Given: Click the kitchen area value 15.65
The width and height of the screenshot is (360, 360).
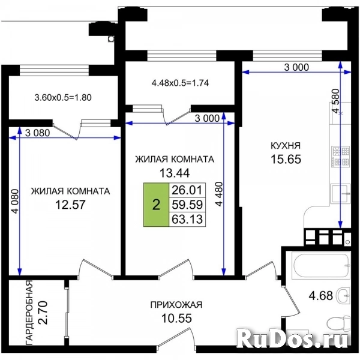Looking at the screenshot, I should (285, 160).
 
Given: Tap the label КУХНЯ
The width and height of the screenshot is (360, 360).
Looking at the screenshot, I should (285, 146).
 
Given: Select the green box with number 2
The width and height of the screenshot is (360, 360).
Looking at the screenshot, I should (156, 205).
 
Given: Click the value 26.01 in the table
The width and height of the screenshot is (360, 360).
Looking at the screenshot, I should (188, 191).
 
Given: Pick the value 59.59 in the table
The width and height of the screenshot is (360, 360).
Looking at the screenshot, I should (188, 205).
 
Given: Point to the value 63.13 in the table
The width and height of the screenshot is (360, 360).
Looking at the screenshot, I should (188, 218).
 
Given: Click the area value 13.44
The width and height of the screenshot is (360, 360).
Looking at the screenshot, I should (174, 173).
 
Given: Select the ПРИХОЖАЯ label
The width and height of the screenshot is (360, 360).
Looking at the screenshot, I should (176, 305).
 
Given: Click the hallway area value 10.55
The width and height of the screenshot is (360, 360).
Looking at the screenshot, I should (176, 318).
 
